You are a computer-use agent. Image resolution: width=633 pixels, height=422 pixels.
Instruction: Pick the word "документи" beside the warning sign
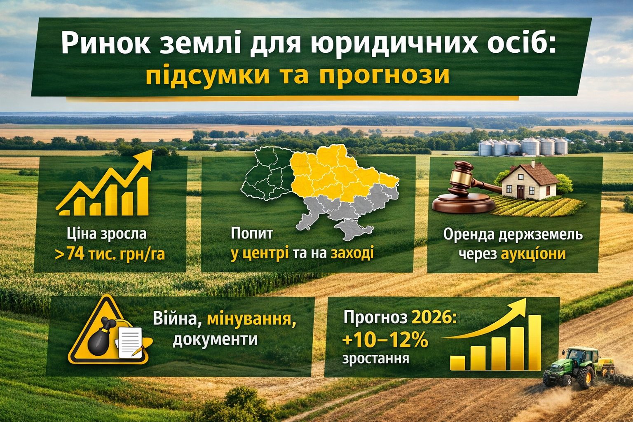[x=215, y=340]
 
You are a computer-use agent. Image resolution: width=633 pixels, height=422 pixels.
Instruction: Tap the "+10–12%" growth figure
[x=385, y=342]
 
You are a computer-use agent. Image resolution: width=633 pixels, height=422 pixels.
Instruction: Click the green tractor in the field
[x=573, y=366]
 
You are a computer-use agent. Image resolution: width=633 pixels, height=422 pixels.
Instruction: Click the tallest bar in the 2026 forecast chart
[x=535, y=342]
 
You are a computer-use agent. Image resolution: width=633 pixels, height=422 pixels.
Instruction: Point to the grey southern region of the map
[x=342, y=218]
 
